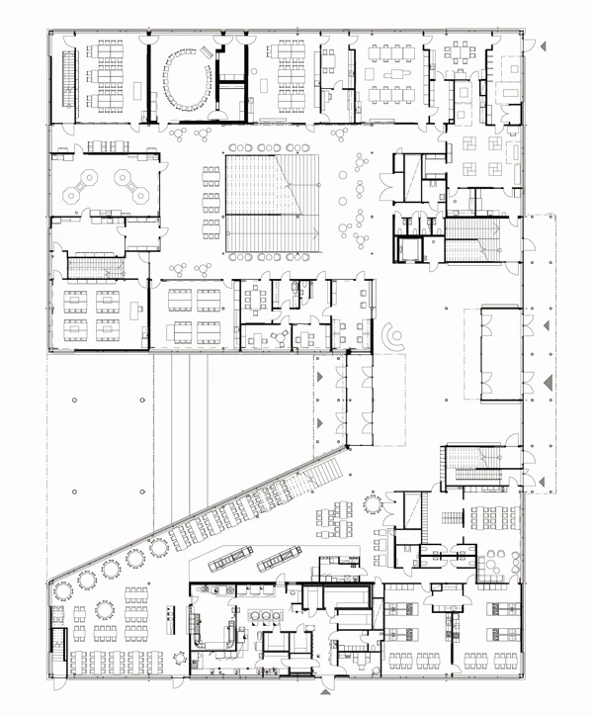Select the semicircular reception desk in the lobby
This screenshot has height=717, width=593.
(x=394, y=337)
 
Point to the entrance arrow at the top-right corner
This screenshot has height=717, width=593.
(x=542, y=45)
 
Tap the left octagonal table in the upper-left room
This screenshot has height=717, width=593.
(x=83, y=181)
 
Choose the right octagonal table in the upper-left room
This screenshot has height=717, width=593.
(x=127, y=181)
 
